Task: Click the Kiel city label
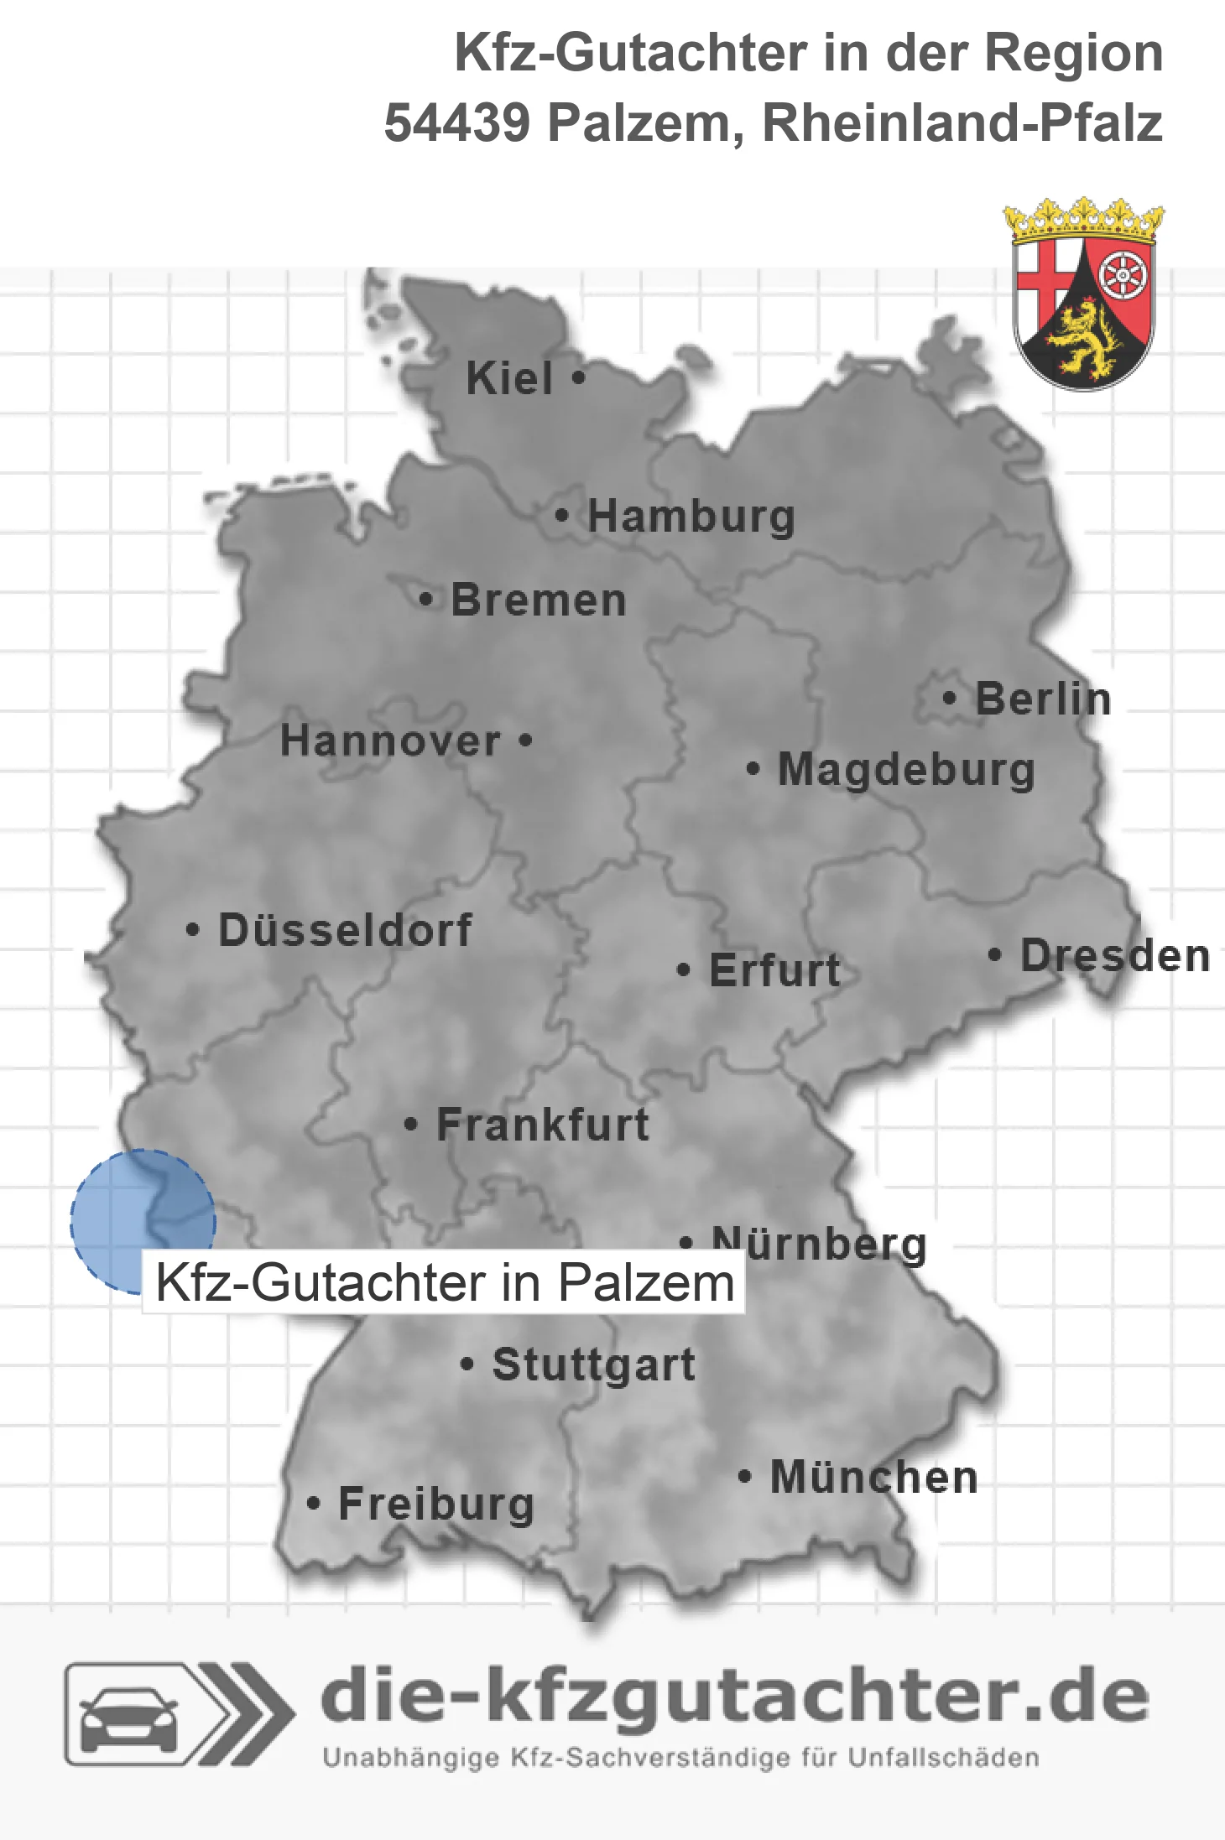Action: click(509, 378)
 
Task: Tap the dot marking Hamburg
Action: click(562, 516)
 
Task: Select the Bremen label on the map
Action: click(539, 600)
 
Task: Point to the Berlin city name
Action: click(1043, 699)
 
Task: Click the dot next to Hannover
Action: click(526, 741)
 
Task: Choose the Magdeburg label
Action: click(906, 769)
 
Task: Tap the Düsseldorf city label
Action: click(345, 930)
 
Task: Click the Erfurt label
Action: click(774, 970)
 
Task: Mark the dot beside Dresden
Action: click(994, 954)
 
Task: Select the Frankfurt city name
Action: click(543, 1125)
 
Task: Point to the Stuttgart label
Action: click(593, 1364)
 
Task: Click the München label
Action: click(874, 1477)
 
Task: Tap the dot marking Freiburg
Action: click(314, 1504)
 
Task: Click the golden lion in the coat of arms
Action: click(1082, 340)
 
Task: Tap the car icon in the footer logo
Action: click(128, 1717)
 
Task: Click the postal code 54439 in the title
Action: click(456, 123)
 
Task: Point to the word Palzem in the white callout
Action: click(646, 1283)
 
